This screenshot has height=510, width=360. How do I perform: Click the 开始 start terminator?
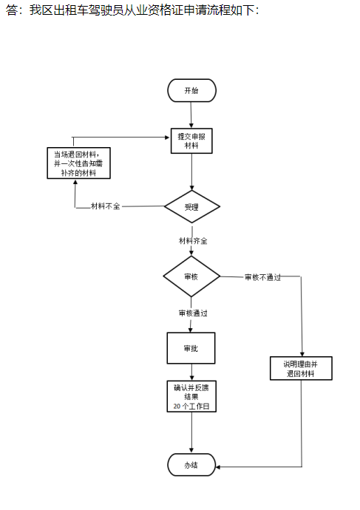click(191, 90)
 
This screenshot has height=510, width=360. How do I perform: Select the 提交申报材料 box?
click(191, 141)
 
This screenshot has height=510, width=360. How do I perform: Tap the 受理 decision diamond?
click(192, 206)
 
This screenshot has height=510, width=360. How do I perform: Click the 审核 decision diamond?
click(191, 276)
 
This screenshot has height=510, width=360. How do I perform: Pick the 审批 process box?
click(191, 348)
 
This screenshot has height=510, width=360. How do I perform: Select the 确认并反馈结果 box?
click(191, 396)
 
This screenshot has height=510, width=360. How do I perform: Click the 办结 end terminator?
click(191, 465)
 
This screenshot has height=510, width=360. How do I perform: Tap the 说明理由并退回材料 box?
click(301, 369)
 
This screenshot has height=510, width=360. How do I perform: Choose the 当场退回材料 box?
click(78, 163)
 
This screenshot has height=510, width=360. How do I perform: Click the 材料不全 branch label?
click(106, 206)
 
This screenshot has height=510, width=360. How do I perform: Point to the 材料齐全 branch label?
click(193, 241)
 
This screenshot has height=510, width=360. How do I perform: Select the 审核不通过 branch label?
click(262, 277)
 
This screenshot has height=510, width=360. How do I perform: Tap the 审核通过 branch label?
click(193, 313)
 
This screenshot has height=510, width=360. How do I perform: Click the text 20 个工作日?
click(191, 407)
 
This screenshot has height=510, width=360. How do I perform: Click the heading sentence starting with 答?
click(132, 10)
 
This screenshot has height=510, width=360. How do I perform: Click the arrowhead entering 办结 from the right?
click(218, 467)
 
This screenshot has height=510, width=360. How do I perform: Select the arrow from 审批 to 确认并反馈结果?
click(191, 373)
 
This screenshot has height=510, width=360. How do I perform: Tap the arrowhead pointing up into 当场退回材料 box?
click(75, 181)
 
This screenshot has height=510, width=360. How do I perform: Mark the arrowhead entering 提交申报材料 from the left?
click(168, 137)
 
